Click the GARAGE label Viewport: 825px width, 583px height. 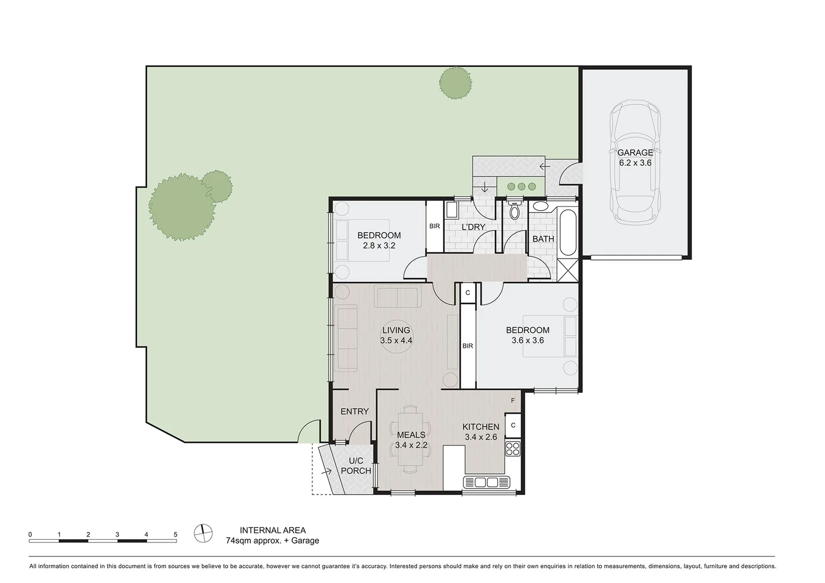click(635, 153)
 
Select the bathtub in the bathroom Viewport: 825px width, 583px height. click(568, 233)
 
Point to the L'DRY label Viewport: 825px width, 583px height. click(473, 227)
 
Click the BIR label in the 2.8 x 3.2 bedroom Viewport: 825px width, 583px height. click(434, 226)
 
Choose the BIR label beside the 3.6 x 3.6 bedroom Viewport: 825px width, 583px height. click(468, 345)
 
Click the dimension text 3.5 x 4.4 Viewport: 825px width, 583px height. click(396, 341)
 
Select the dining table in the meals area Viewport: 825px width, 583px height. click(411, 438)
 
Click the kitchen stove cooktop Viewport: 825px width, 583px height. click(512, 448)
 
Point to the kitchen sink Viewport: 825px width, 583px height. click(486, 482)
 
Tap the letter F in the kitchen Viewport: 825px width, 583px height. click(513, 401)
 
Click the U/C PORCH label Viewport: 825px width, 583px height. click(356, 466)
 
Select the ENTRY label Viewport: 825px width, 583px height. click(355, 411)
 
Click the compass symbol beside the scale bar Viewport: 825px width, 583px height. click(204, 533)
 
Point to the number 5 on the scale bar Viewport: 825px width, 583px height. click(175, 534)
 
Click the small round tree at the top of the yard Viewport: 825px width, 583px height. click(455, 83)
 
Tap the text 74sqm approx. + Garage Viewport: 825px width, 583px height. click(272, 540)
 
